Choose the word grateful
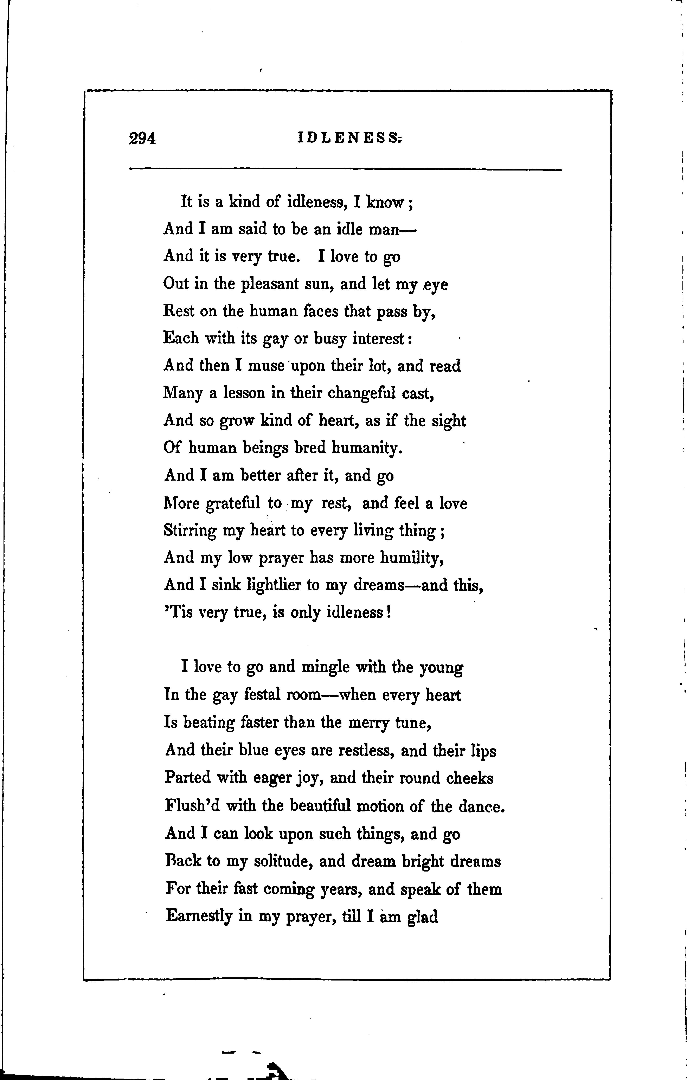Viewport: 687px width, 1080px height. (233, 503)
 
